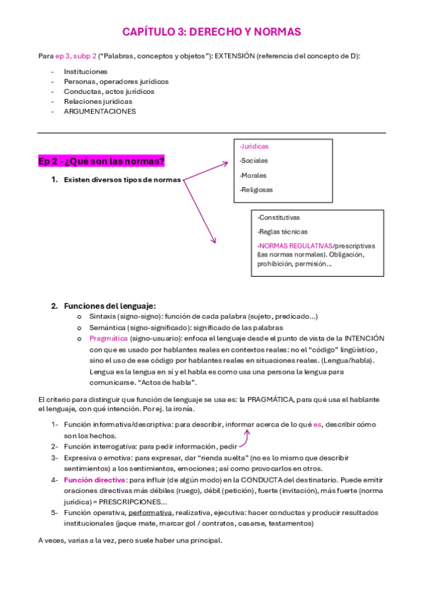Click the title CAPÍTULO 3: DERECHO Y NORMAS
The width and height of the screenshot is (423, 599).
tap(211, 32)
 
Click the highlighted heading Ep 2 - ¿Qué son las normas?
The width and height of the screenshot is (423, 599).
tap(101, 162)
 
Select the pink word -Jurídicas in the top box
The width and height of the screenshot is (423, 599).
tap(254, 146)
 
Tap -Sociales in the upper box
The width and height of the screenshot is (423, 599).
tap(254, 160)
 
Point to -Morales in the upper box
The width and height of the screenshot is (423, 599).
tap(254, 175)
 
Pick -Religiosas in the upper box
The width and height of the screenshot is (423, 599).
tap(256, 189)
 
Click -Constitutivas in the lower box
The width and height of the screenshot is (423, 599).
tap(278, 218)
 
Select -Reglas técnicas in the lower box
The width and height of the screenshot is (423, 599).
tap(281, 232)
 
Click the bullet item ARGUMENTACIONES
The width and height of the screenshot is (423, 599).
tap(100, 111)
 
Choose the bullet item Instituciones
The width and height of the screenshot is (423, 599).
tap(85, 71)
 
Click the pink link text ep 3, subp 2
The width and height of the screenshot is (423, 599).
tap(76, 56)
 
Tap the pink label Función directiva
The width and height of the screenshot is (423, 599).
tap(95, 480)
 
